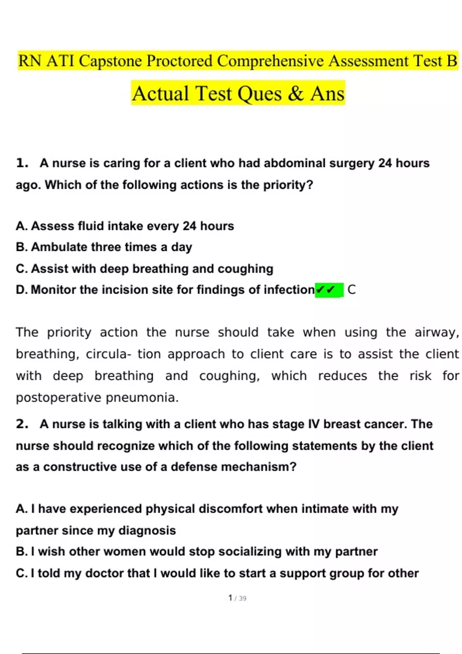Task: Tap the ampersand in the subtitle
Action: coord(295,93)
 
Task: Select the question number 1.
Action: coord(22,163)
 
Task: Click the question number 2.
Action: coord(22,424)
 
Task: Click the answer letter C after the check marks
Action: coord(352,290)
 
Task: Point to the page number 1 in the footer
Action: coord(230,598)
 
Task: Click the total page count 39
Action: coord(243,598)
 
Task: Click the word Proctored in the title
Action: coord(179,61)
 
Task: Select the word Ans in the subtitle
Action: coord(327,93)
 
